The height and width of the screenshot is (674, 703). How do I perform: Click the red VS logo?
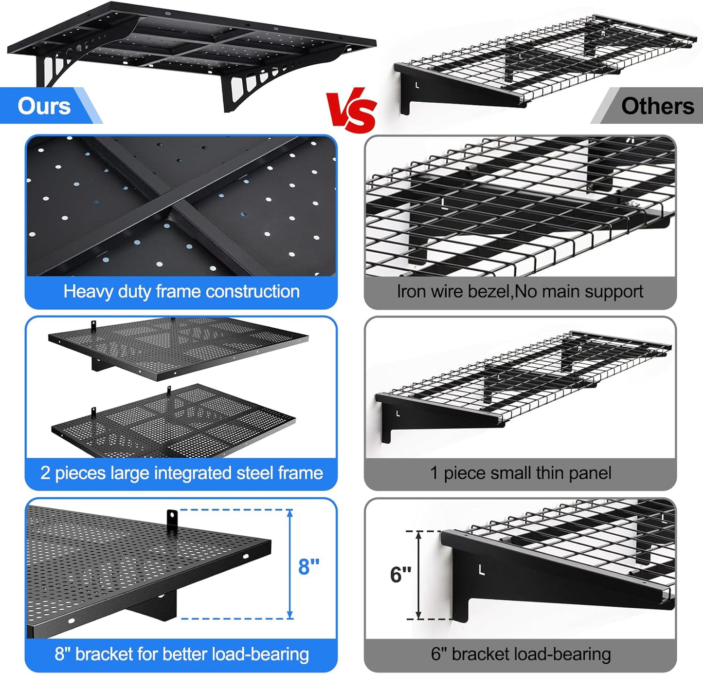pyautogui.click(x=352, y=111)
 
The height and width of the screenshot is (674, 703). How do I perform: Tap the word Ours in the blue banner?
pyautogui.click(x=44, y=106)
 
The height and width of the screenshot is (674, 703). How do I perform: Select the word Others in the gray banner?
pyautogui.click(x=657, y=106)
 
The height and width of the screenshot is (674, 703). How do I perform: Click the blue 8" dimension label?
pyautogui.click(x=308, y=566)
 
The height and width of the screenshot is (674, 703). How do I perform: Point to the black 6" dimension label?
pyautogui.click(x=400, y=575)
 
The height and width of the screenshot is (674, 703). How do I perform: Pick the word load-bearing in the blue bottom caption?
pyautogui.click(x=262, y=654)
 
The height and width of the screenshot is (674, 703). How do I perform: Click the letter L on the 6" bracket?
pyautogui.click(x=481, y=570)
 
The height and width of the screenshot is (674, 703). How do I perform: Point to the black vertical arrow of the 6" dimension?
pyautogui.click(x=419, y=575)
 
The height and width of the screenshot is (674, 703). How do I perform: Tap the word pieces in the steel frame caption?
pyautogui.click(x=80, y=473)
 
